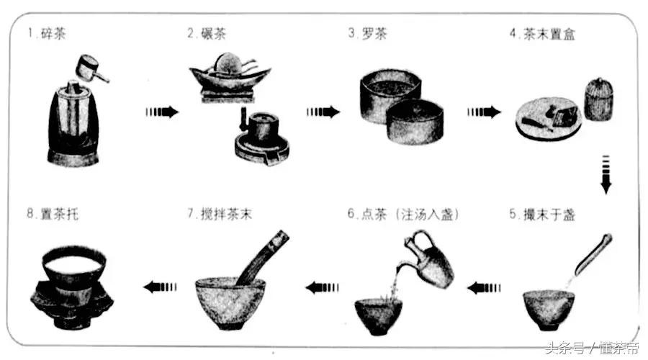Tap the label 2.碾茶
[208, 34]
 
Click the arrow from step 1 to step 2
[161, 112]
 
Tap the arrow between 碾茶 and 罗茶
[323, 112]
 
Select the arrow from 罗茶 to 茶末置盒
[484, 112]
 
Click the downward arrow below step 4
[606, 174]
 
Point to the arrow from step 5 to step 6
[485, 288]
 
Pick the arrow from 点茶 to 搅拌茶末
[322, 288]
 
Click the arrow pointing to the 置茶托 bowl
[161, 287]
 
